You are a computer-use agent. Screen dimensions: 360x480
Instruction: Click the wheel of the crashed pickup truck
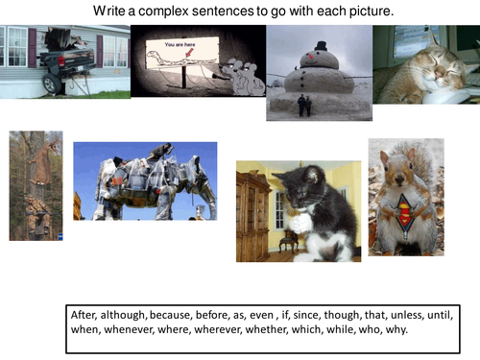[x=49, y=84]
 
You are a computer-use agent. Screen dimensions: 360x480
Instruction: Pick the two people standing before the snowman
[x=304, y=105]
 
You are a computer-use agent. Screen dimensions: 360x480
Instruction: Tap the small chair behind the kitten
[x=277, y=240]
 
